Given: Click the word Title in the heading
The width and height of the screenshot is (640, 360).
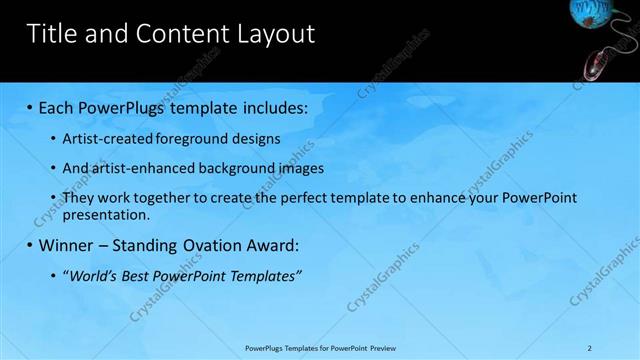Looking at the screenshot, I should click(53, 34).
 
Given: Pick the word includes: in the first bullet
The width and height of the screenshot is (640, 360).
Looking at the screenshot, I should click(270, 106).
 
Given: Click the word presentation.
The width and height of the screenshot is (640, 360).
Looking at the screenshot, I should click(106, 214).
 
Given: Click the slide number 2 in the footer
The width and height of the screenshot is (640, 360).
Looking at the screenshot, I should click(590, 348).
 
